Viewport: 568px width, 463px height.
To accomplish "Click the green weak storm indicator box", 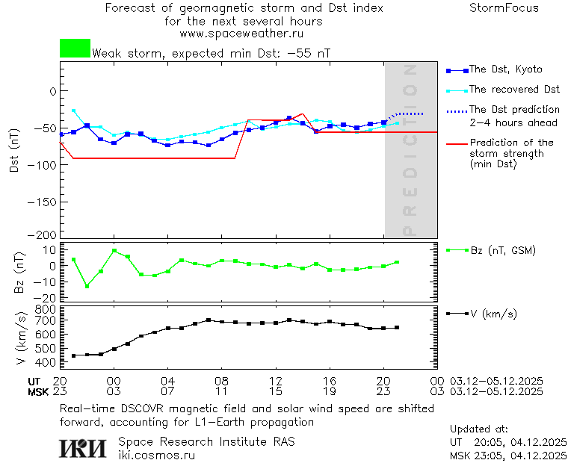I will [75, 49].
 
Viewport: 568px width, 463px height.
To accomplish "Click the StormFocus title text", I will [504, 8].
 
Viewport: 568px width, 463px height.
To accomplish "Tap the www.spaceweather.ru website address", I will [241, 34].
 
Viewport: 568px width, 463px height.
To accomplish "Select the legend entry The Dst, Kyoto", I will [505, 69].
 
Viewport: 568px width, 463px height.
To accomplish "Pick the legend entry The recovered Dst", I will [514, 89].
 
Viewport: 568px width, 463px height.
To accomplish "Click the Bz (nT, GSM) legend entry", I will [502, 250].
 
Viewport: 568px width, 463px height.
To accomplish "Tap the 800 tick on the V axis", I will [46, 308].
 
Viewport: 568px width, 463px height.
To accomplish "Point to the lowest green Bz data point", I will [87, 286].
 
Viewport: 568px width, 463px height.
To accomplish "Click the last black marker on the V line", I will [397, 327].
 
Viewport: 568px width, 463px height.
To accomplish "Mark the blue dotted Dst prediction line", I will [407, 114].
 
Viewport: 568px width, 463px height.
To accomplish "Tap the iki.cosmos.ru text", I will [157, 455].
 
